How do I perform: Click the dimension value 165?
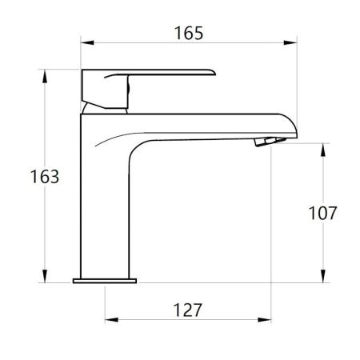click(x=189, y=33)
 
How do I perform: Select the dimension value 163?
click(x=45, y=177)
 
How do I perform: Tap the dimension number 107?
click(x=322, y=213)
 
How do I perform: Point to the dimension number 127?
click(x=187, y=310)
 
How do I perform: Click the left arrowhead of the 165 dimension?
click(x=87, y=42)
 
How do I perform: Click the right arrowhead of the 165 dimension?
click(x=290, y=42)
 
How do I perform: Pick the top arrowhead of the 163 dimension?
click(x=45, y=76)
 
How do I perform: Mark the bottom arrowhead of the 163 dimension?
click(x=45, y=276)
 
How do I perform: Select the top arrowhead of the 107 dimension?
click(x=323, y=150)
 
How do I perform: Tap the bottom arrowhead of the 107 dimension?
click(x=323, y=276)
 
